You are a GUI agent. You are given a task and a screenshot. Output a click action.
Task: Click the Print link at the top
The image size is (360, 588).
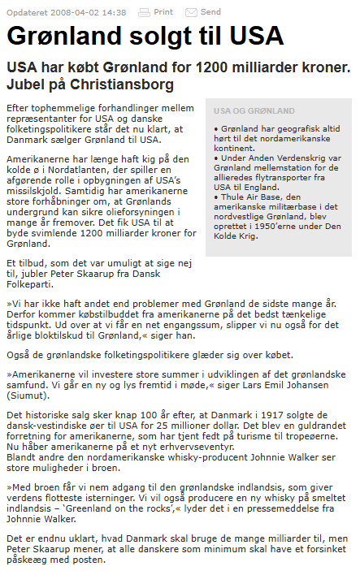pos(163,12)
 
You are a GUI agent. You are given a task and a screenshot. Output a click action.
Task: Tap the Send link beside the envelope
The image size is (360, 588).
pos(210,12)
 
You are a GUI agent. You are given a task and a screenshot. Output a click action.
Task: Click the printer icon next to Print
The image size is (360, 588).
pos(144,12)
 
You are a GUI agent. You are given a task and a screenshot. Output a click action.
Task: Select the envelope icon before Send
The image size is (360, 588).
pos(191,12)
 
